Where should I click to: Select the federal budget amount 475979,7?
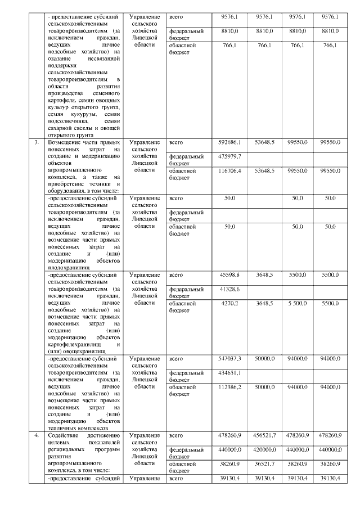(229, 156)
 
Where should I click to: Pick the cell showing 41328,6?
(229, 289)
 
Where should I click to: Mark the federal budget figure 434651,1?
(229, 372)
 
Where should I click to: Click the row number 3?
(36, 143)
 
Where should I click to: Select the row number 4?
(36, 435)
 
